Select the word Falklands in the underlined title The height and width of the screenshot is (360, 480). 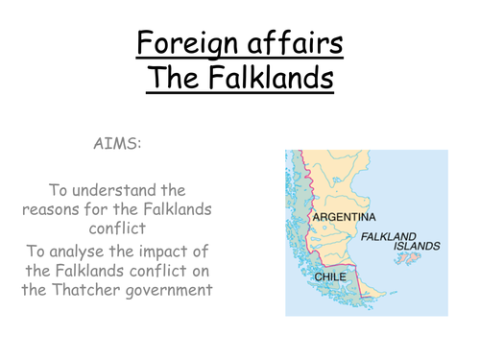270,77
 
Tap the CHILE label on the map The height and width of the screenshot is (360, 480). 332,277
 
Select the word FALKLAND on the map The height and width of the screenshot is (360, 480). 390,235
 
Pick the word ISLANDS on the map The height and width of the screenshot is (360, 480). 417,246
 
